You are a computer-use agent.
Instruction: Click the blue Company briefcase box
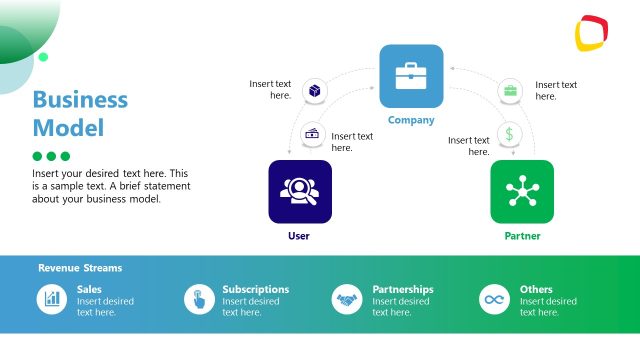[411, 76]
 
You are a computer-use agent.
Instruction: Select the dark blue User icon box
[299, 191]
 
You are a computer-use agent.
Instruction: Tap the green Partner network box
[521, 191]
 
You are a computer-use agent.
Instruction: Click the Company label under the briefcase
[411, 121]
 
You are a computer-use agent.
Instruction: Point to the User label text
[299, 237]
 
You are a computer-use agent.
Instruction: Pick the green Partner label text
[521, 237]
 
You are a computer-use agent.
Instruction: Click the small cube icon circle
[314, 91]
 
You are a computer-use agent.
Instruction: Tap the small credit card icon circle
[312, 133]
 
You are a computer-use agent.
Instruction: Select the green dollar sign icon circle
[510, 133]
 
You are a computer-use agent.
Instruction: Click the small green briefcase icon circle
[510, 91]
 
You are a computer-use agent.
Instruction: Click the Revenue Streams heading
[80, 268]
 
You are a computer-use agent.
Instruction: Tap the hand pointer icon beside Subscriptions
[198, 299]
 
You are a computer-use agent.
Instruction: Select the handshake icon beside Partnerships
[347, 299]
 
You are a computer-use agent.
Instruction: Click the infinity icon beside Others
[493, 299]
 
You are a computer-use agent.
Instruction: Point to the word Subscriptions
[255, 290]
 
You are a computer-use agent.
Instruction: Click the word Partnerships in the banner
[402, 290]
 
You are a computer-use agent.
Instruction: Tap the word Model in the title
[68, 128]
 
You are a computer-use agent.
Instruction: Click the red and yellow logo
[593, 33]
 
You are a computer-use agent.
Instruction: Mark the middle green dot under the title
[52, 156]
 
